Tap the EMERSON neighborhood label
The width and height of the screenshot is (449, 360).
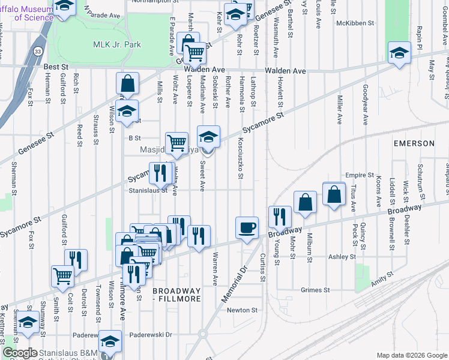414,143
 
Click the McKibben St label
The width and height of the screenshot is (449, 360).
355,23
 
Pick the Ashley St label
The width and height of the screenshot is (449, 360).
342,256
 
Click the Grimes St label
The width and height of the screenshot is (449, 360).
315,290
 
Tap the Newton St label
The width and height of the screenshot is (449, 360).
242,310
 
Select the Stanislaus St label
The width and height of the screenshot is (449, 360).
147,191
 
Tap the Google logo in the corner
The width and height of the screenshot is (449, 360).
20,353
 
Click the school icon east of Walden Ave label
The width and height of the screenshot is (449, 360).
399,53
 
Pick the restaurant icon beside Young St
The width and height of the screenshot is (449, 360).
280,217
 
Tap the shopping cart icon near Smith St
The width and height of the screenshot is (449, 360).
62,277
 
